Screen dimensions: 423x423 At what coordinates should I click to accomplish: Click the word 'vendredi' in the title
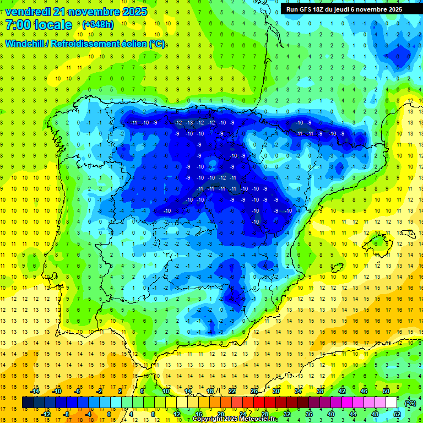tap(28, 12)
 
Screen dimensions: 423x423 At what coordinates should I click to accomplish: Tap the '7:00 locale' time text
tap(39, 25)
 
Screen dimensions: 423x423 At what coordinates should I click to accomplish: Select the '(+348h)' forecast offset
tap(98, 25)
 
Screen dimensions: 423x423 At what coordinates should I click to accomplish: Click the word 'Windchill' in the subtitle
tap(24, 44)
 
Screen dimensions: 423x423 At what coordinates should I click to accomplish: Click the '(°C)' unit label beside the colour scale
tap(410, 403)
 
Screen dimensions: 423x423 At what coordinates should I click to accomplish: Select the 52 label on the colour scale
tap(397, 414)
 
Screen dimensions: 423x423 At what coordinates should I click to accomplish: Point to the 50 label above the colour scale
tap(386, 391)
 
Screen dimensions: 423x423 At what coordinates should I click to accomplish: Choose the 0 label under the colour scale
tap(109, 414)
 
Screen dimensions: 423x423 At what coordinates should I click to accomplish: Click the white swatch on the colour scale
tap(391, 403)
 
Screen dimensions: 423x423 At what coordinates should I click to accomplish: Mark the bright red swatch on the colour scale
tap(259, 403)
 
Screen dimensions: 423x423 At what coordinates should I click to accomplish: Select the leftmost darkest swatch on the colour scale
tap(28, 403)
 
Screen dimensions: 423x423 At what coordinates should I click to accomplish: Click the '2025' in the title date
tap(134, 12)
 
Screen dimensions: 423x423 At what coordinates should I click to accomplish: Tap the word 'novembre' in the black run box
tap(371, 9)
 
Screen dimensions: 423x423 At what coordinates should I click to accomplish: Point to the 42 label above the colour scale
tap(342, 391)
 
